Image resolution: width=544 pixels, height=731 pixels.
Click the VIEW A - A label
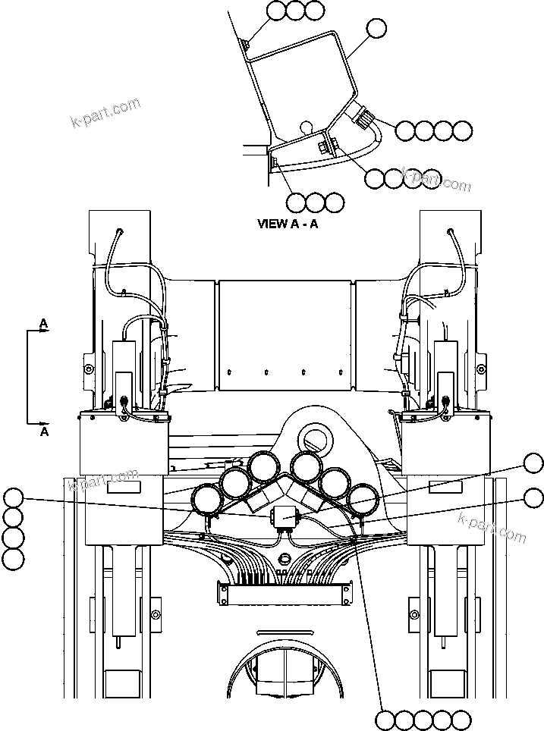[x=288, y=224]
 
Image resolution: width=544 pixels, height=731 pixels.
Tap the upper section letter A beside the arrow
[x=44, y=324]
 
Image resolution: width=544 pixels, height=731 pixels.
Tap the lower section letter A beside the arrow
[x=44, y=431]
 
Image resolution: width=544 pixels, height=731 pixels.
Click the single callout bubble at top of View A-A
[x=376, y=29]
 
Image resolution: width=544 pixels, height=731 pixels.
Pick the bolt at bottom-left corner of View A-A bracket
[x=274, y=161]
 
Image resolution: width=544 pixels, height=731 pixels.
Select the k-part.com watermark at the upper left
[x=105, y=112]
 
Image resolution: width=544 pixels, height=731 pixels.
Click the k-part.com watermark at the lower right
[x=492, y=527]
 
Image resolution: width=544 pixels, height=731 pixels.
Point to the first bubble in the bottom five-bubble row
[x=386, y=719]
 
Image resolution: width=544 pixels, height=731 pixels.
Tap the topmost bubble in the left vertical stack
[x=13, y=498]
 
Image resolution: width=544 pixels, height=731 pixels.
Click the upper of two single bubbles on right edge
[x=533, y=463]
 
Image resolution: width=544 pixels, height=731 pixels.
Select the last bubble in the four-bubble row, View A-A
[x=462, y=131]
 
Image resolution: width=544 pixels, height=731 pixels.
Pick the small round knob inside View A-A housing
[x=305, y=126]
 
